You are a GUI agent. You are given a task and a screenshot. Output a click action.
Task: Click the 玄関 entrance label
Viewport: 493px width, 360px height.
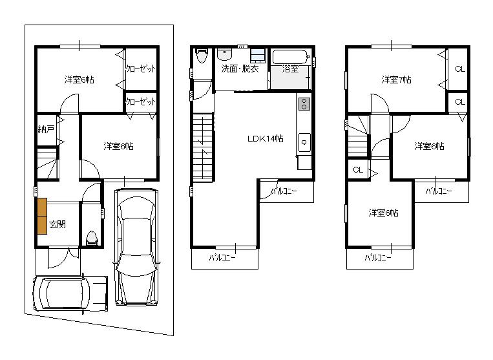58,225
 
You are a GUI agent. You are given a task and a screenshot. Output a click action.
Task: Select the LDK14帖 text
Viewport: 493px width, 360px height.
265,138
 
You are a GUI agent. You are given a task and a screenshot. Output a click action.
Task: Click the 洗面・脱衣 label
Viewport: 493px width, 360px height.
240,69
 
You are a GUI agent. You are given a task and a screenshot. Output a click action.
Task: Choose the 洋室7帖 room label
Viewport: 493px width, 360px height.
396,80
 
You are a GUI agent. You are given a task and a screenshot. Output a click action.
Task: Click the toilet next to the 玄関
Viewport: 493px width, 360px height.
92,238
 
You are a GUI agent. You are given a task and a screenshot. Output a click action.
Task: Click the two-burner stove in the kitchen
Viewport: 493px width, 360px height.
304,103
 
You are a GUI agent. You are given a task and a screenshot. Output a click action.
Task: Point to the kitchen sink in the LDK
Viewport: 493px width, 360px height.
304,140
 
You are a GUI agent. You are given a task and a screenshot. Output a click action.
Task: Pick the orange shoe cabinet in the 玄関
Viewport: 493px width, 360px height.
42,215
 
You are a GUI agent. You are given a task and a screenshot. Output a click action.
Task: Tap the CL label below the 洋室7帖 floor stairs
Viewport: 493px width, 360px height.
357,170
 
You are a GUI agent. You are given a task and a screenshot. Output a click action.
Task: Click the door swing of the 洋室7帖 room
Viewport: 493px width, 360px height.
380,103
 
